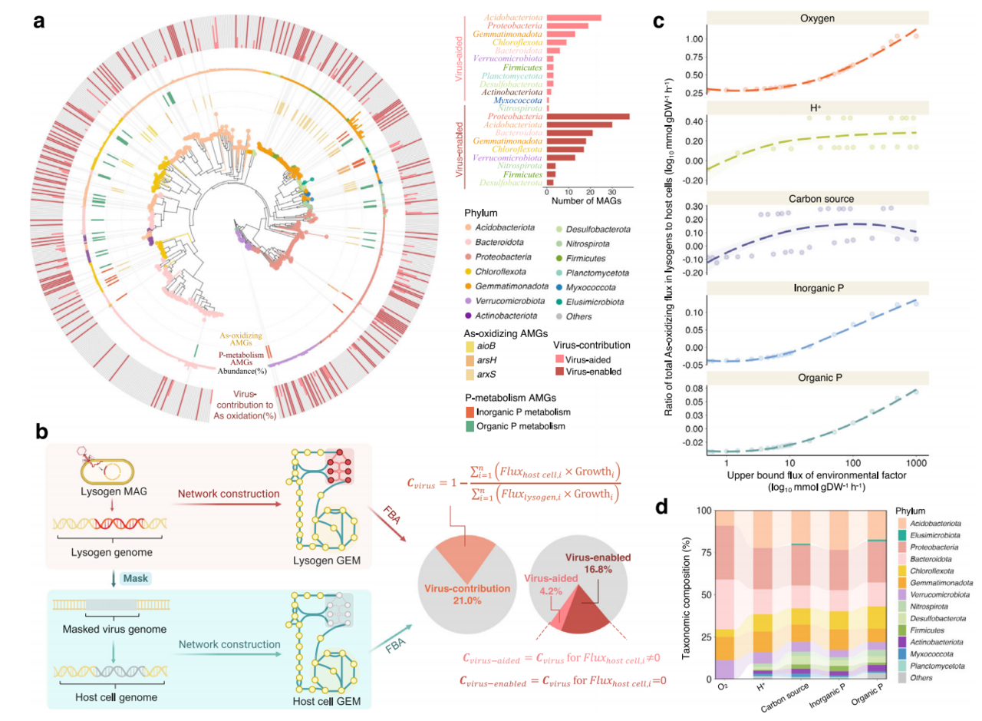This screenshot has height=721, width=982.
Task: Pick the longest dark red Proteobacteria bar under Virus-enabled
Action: tap(587, 117)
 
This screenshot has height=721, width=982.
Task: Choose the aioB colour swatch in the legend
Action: tap(469, 348)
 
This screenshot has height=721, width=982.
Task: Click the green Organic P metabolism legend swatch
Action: tap(469, 426)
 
